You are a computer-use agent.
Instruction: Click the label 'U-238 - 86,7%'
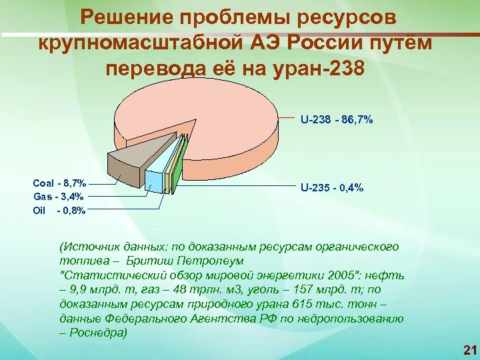coord(336,121)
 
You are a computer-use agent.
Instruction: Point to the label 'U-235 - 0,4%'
coord(332,188)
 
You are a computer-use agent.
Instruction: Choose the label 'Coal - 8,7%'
coord(59,182)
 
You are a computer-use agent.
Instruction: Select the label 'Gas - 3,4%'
coord(59,196)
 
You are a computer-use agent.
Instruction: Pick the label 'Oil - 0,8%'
coord(59,211)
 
